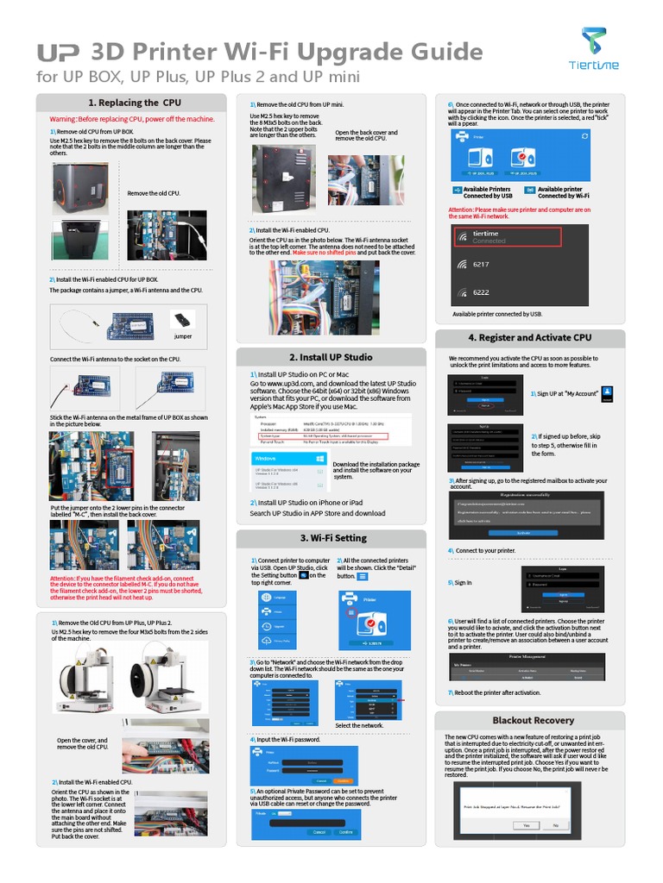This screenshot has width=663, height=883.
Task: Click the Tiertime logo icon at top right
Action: pos(593,41)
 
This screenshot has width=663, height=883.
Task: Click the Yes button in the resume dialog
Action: pos(525,825)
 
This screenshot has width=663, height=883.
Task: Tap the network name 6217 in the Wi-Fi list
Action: pos(481,265)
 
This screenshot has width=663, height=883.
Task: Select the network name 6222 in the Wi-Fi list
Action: pos(481,292)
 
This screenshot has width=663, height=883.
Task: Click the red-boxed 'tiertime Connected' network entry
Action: pos(508,237)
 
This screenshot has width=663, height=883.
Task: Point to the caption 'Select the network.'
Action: pos(359,726)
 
